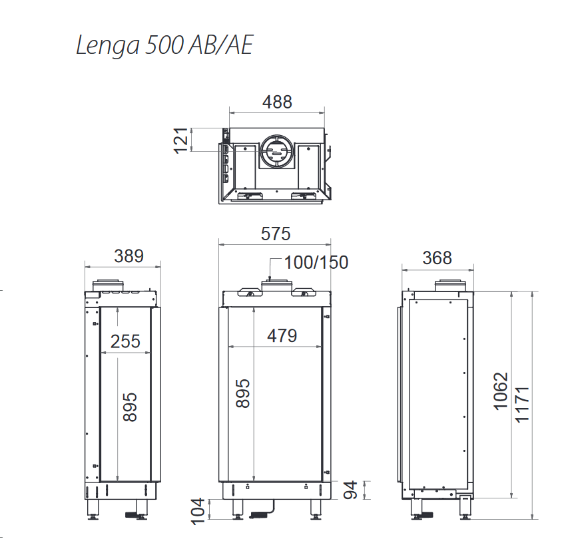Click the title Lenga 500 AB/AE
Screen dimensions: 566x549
tap(164, 45)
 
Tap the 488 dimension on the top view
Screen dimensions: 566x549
tap(277, 102)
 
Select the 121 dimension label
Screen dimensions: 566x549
tap(181, 140)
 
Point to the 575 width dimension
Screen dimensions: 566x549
tap(276, 234)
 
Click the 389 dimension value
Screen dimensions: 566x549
tap(129, 256)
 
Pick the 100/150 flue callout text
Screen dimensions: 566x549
tap(316, 262)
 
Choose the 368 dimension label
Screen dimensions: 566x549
tap(437, 258)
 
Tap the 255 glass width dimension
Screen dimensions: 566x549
tap(125, 341)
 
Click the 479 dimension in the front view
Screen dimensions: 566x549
tap(282, 336)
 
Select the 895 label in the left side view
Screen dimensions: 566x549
tap(130, 407)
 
